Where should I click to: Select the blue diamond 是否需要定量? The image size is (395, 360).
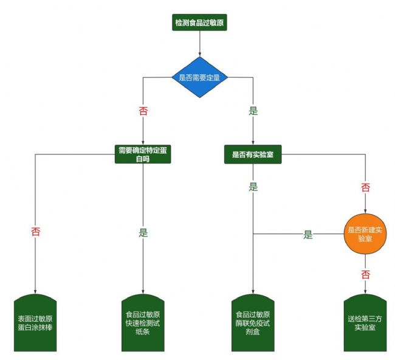[x=200, y=77]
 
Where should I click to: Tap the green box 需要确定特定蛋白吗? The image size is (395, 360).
[x=143, y=154]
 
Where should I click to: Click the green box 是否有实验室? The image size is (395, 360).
[x=253, y=154]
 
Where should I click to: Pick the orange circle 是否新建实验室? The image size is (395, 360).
[x=365, y=234]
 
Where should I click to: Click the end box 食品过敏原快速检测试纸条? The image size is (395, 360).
[x=143, y=323]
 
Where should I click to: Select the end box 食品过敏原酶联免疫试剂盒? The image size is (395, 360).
[x=253, y=323]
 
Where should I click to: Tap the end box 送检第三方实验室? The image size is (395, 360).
[x=365, y=323]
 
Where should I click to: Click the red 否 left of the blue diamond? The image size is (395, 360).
[x=143, y=111]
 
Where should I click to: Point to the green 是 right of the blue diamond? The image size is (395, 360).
[x=253, y=111]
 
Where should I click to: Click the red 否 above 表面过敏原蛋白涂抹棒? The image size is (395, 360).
[x=36, y=232]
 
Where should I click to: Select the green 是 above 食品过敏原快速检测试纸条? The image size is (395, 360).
[x=143, y=232]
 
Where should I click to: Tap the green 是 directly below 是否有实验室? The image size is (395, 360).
[x=253, y=187]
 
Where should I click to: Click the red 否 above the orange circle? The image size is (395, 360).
[x=365, y=187]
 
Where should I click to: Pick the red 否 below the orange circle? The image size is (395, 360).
[x=365, y=274]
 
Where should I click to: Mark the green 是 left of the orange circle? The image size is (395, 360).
[x=308, y=234]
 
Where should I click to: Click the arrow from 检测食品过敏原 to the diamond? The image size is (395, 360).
[x=200, y=44]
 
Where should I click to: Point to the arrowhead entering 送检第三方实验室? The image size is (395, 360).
[x=365, y=291]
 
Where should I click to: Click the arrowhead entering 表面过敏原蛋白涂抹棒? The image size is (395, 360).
[x=36, y=291]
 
